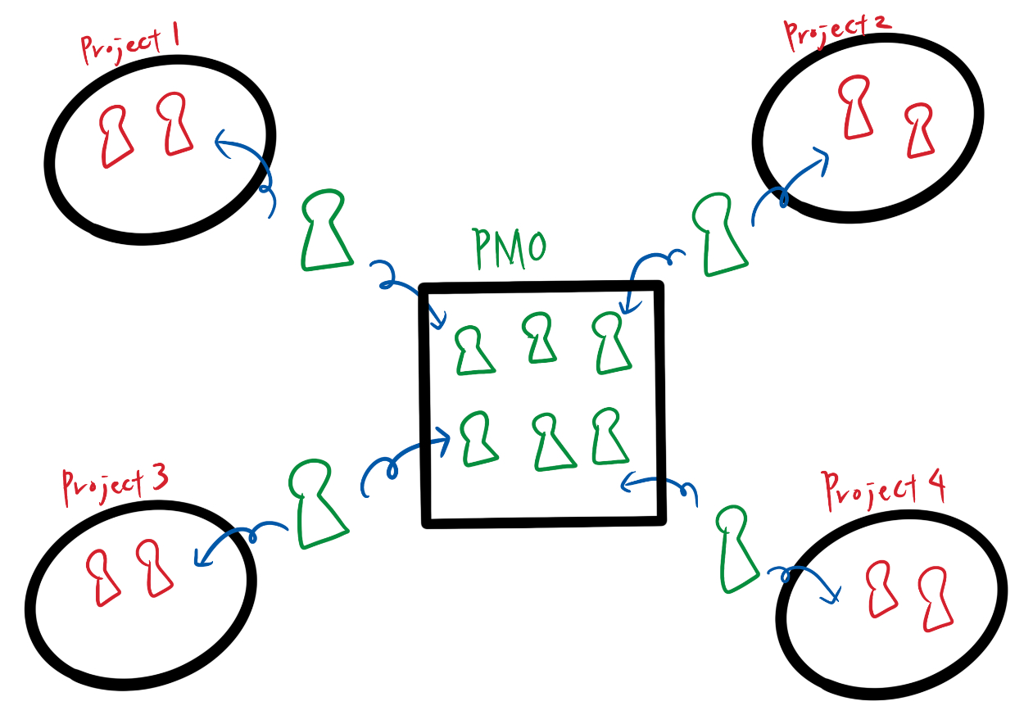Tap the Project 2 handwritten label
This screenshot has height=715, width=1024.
click(836, 30)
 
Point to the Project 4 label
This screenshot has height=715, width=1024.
click(884, 488)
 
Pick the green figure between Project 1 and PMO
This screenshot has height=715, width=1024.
click(325, 233)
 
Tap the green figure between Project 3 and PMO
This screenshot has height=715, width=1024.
click(315, 504)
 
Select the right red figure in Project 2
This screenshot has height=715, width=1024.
click(920, 131)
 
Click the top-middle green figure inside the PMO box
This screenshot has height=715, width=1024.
click(539, 338)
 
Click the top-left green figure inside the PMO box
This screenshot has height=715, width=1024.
click(473, 351)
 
